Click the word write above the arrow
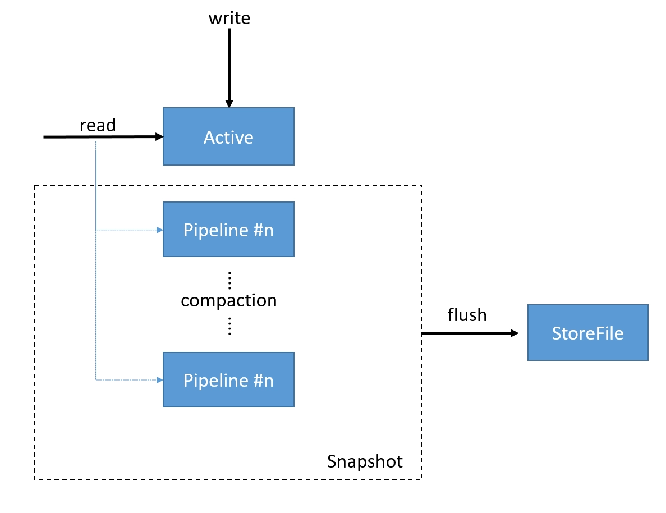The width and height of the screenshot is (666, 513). coord(229,19)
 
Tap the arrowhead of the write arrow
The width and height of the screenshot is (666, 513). coord(229,104)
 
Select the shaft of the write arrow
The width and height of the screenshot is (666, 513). coord(229,64)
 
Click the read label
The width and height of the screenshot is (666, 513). coord(98,125)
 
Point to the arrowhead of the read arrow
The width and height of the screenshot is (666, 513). coord(159,136)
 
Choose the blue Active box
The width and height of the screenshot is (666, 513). coord(228,136)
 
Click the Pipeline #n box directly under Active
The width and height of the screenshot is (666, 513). coord(228,230)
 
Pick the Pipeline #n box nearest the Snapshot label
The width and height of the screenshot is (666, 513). coord(228,380)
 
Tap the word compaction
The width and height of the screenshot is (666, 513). coord(229,300)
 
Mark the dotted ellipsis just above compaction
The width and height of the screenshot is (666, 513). coord(230,280)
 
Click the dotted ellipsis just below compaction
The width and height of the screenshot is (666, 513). coord(230,326)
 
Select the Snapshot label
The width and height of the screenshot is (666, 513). coord(365,461)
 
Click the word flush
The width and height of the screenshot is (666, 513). coord(467,315)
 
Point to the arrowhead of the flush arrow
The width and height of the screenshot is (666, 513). coord(515,333)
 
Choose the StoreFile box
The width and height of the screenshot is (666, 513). coord(588,333)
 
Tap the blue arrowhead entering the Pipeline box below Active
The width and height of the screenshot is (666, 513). coord(160,230)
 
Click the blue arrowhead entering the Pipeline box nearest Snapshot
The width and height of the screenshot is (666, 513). coord(160,380)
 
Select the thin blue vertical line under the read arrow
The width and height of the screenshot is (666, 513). coord(95,259)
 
